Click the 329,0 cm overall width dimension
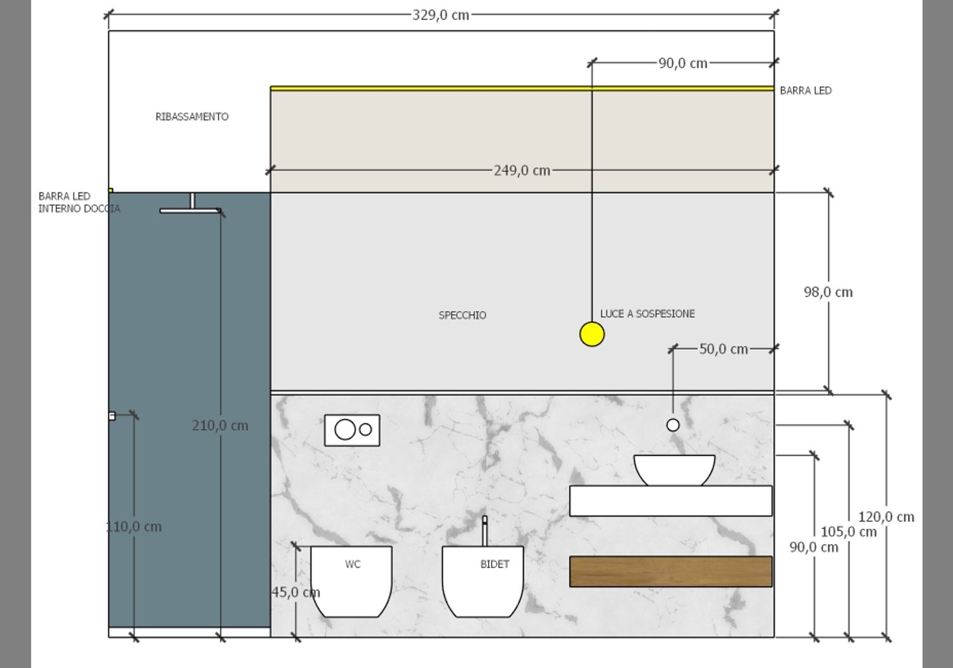440,15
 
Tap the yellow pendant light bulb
591,334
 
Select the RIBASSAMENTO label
192,117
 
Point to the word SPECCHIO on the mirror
463,315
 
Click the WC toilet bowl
351,581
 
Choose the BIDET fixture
483,581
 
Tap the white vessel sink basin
674,469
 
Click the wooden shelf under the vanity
670,571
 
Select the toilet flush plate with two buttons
352,430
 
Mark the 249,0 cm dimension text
522,170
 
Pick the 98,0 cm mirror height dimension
828,292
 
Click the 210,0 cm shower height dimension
220,425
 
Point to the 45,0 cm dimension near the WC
295,592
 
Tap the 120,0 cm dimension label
886,517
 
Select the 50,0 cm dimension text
723,349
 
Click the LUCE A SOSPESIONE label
647,314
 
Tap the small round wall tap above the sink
673,425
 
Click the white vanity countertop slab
670,500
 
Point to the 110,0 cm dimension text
134,526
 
